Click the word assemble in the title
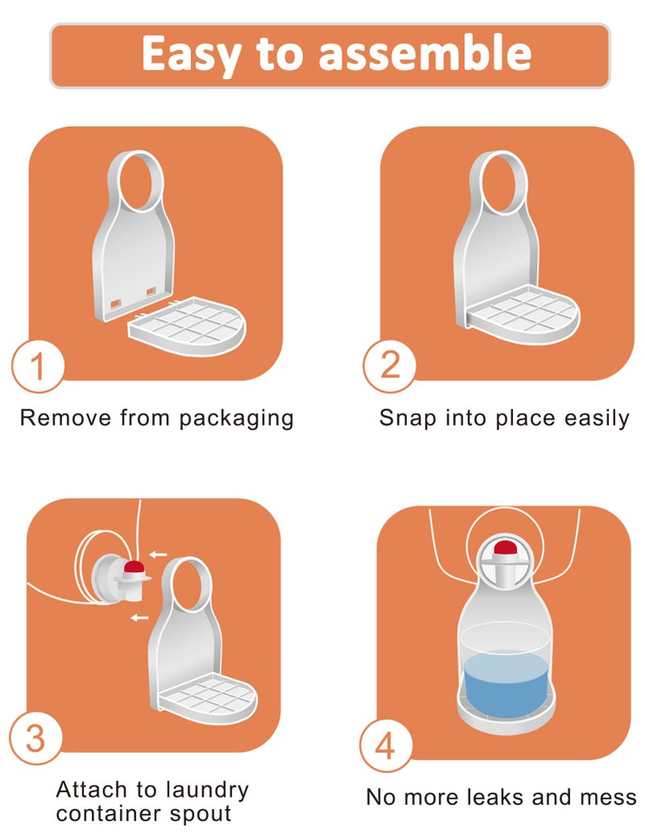click(425, 53)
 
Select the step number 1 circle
click(38, 366)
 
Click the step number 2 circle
click(389, 366)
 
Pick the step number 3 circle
click(35, 738)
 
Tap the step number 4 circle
click(385, 745)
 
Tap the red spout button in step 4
click(505, 548)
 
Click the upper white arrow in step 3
click(158, 554)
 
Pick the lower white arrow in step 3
click(139, 618)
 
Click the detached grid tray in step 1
click(187, 326)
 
